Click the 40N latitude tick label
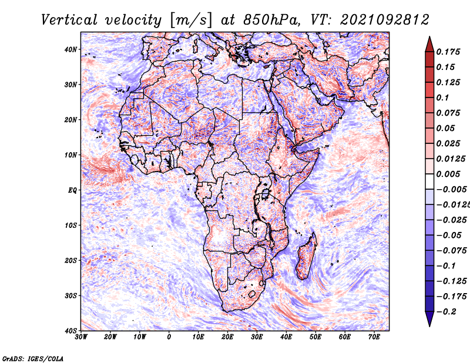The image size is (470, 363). [x=70, y=49]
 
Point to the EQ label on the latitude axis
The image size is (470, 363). [x=72, y=190]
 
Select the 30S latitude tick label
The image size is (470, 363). [x=70, y=295]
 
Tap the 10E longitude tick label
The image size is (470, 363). [x=199, y=337]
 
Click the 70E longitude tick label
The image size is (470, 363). [x=374, y=337]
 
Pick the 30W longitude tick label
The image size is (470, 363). [x=81, y=337]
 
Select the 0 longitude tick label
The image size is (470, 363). [x=169, y=337]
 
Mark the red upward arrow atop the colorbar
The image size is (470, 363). [x=429, y=43]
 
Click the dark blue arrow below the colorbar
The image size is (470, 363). [x=429, y=319]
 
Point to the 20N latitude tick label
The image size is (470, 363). [x=70, y=120]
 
